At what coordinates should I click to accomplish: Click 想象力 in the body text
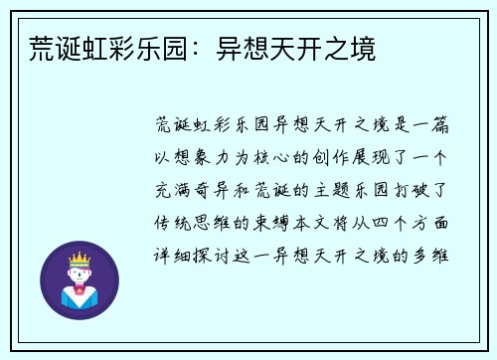(214, 158)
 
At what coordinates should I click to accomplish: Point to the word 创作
(334, 158)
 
